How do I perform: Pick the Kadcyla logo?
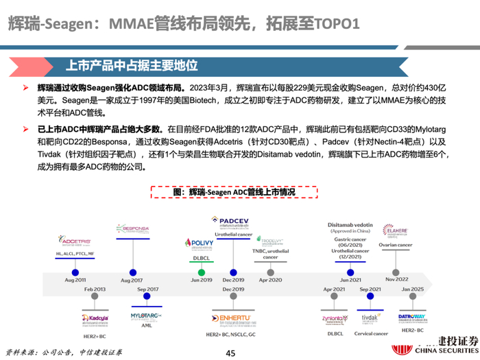[97, 320]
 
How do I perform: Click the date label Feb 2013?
[96, 290]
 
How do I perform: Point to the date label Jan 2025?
[413, 290]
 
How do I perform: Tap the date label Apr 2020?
[270, 280]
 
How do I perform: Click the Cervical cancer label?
[371, 333]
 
